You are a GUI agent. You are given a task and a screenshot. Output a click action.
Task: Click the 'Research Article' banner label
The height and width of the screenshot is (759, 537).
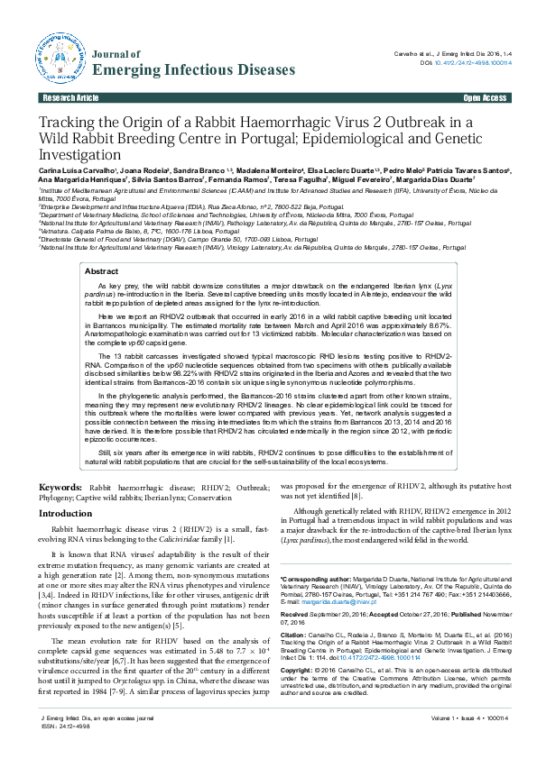point(70,97)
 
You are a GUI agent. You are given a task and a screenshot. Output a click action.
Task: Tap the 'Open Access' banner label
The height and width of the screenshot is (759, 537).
point(485,97)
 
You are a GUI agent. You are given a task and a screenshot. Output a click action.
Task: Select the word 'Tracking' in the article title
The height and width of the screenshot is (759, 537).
point(68,123)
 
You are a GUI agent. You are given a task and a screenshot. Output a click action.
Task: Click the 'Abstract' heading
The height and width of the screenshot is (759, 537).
point(100,271)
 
